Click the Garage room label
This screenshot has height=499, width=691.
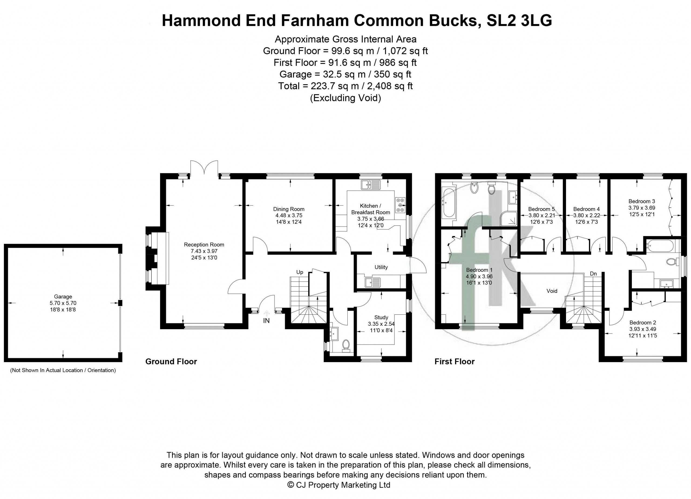click(63, 296)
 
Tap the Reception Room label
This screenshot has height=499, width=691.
click(204, 245)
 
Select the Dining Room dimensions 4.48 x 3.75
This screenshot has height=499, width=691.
click(289, 215)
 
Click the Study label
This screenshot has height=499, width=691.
click(381, 317)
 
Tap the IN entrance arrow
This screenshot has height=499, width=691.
click(267, 313)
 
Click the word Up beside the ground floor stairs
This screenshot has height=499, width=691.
click(300, 272)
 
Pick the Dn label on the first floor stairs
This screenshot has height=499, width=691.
click(593, 274)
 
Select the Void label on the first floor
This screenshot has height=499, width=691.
click(552, 291)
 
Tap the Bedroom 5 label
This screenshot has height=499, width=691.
click(541, 209)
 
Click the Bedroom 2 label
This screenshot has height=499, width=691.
click(643, 323)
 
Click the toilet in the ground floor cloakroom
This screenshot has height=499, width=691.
click(346, 346)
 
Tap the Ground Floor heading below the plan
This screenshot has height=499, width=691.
click(171, 362)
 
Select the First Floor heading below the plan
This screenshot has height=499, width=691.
click(455, 362)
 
